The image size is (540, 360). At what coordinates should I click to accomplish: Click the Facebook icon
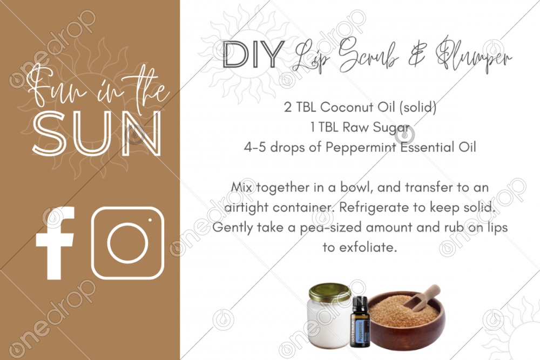(55, 243)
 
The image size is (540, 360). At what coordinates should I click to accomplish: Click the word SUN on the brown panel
(97, 133)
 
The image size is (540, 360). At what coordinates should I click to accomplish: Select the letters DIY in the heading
(253, 54)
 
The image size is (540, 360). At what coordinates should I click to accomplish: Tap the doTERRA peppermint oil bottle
(360, 322)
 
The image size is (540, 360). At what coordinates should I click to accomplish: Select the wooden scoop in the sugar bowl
(422, 297)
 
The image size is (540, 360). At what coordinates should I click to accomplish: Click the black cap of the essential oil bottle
(360, 303)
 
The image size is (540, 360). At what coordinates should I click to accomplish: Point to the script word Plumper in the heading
(473, 55)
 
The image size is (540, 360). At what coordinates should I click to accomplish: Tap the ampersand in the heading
(417, 55)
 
